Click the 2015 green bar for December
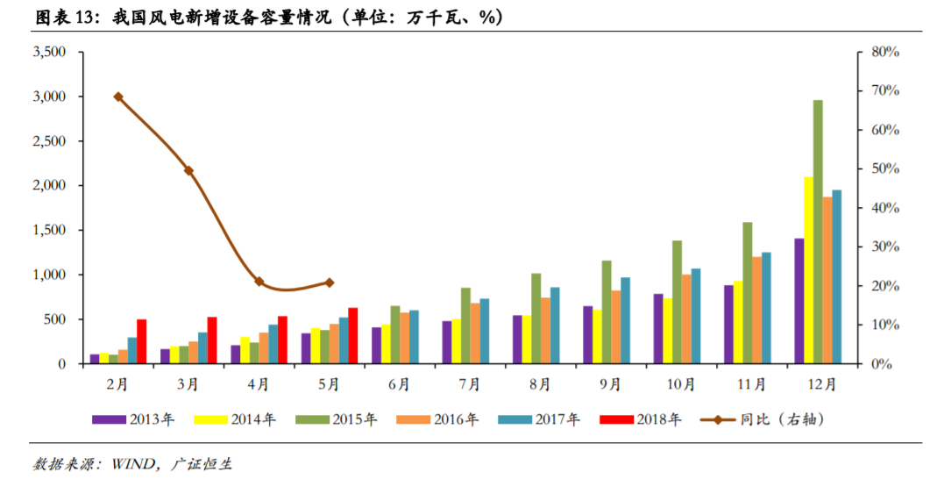point(818,232)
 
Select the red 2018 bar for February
point(141,341)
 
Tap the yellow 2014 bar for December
point(808,270)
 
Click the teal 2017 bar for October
point(696,316)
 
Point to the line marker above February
point(118,97)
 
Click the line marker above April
point(259,282)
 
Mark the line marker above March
point(188,170)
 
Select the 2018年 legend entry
point(640,420)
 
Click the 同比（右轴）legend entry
point(763,420)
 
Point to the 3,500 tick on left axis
point(49,53)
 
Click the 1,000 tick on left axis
point(49,275)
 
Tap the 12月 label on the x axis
point(821,384)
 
